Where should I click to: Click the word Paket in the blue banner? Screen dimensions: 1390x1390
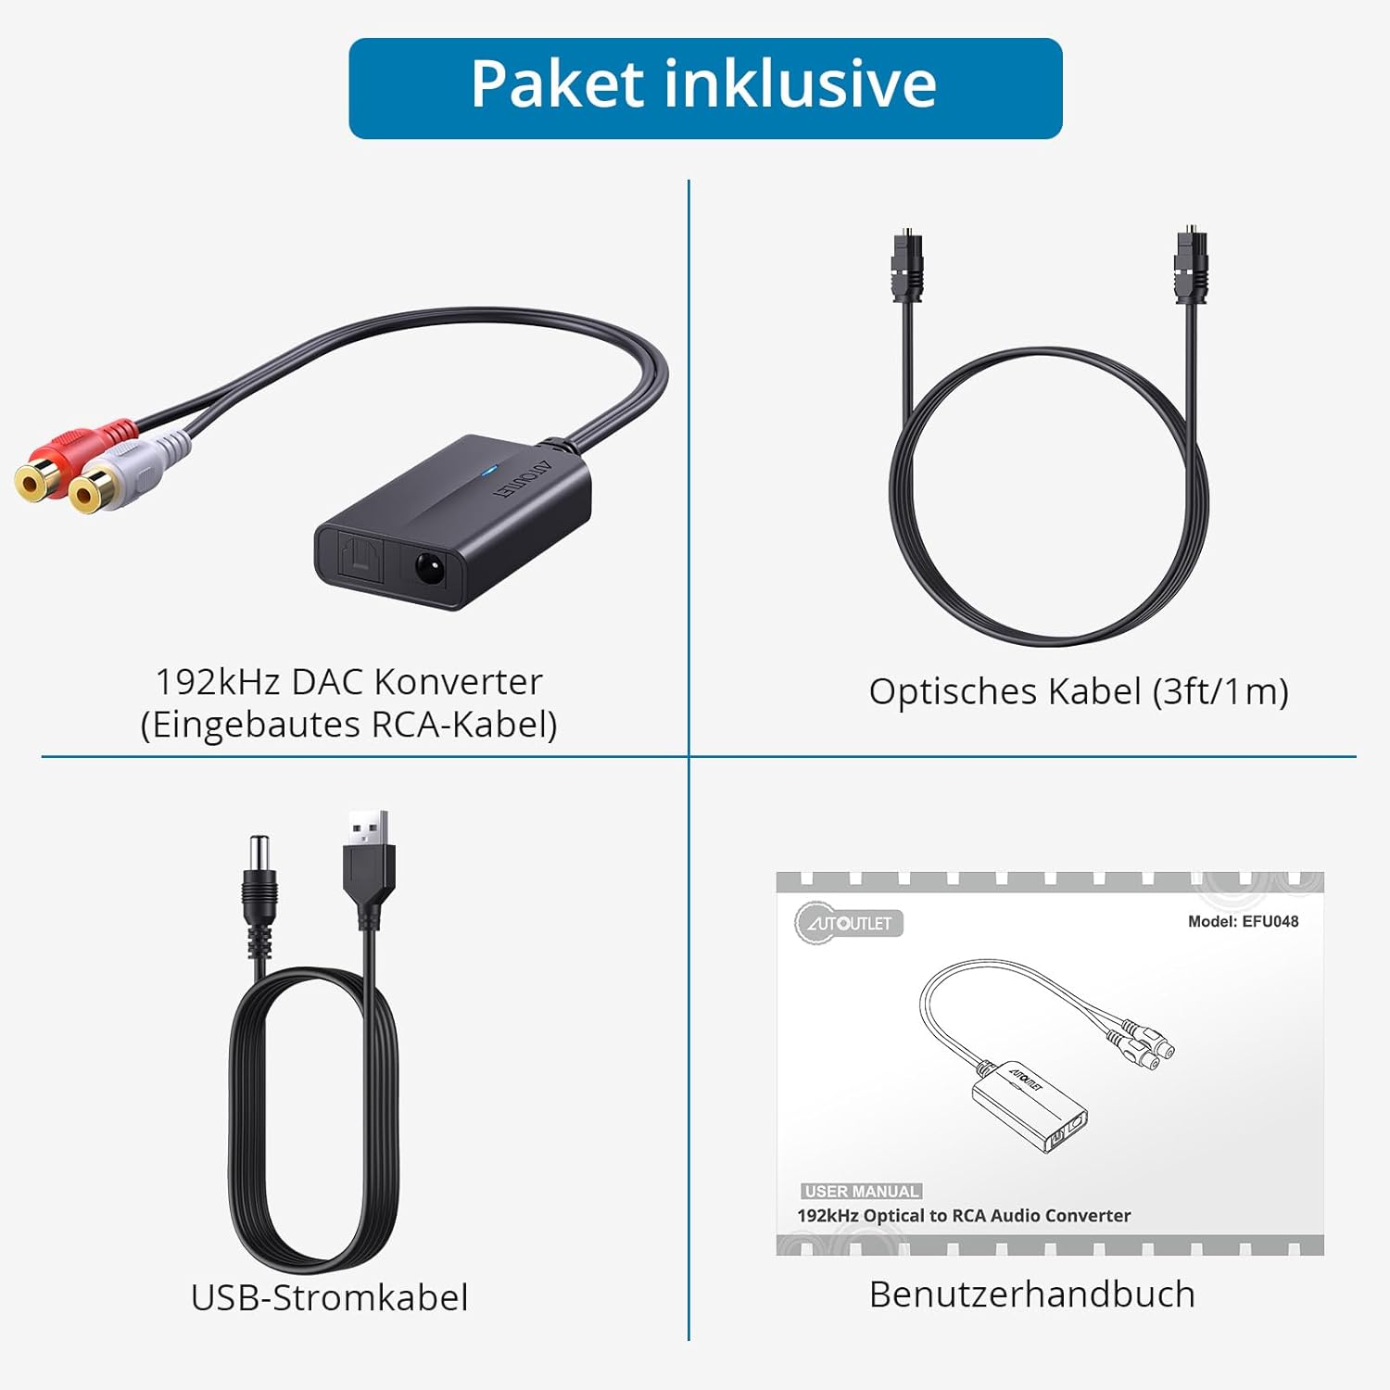[x=557, y=84]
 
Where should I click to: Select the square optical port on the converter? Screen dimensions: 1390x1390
[x=362, y=561]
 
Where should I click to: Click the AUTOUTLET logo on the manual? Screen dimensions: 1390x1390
[x=848, y=922]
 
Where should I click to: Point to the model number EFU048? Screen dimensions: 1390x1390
[x=1270, y=921]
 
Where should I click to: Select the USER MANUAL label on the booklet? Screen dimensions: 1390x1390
[x=862, y=1192]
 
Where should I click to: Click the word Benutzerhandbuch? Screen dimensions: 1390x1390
[x=1032, y=1295]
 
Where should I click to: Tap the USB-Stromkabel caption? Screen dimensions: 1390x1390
[x=329, y=1297]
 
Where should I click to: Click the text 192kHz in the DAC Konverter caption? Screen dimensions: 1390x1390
[x=217, y=682]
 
